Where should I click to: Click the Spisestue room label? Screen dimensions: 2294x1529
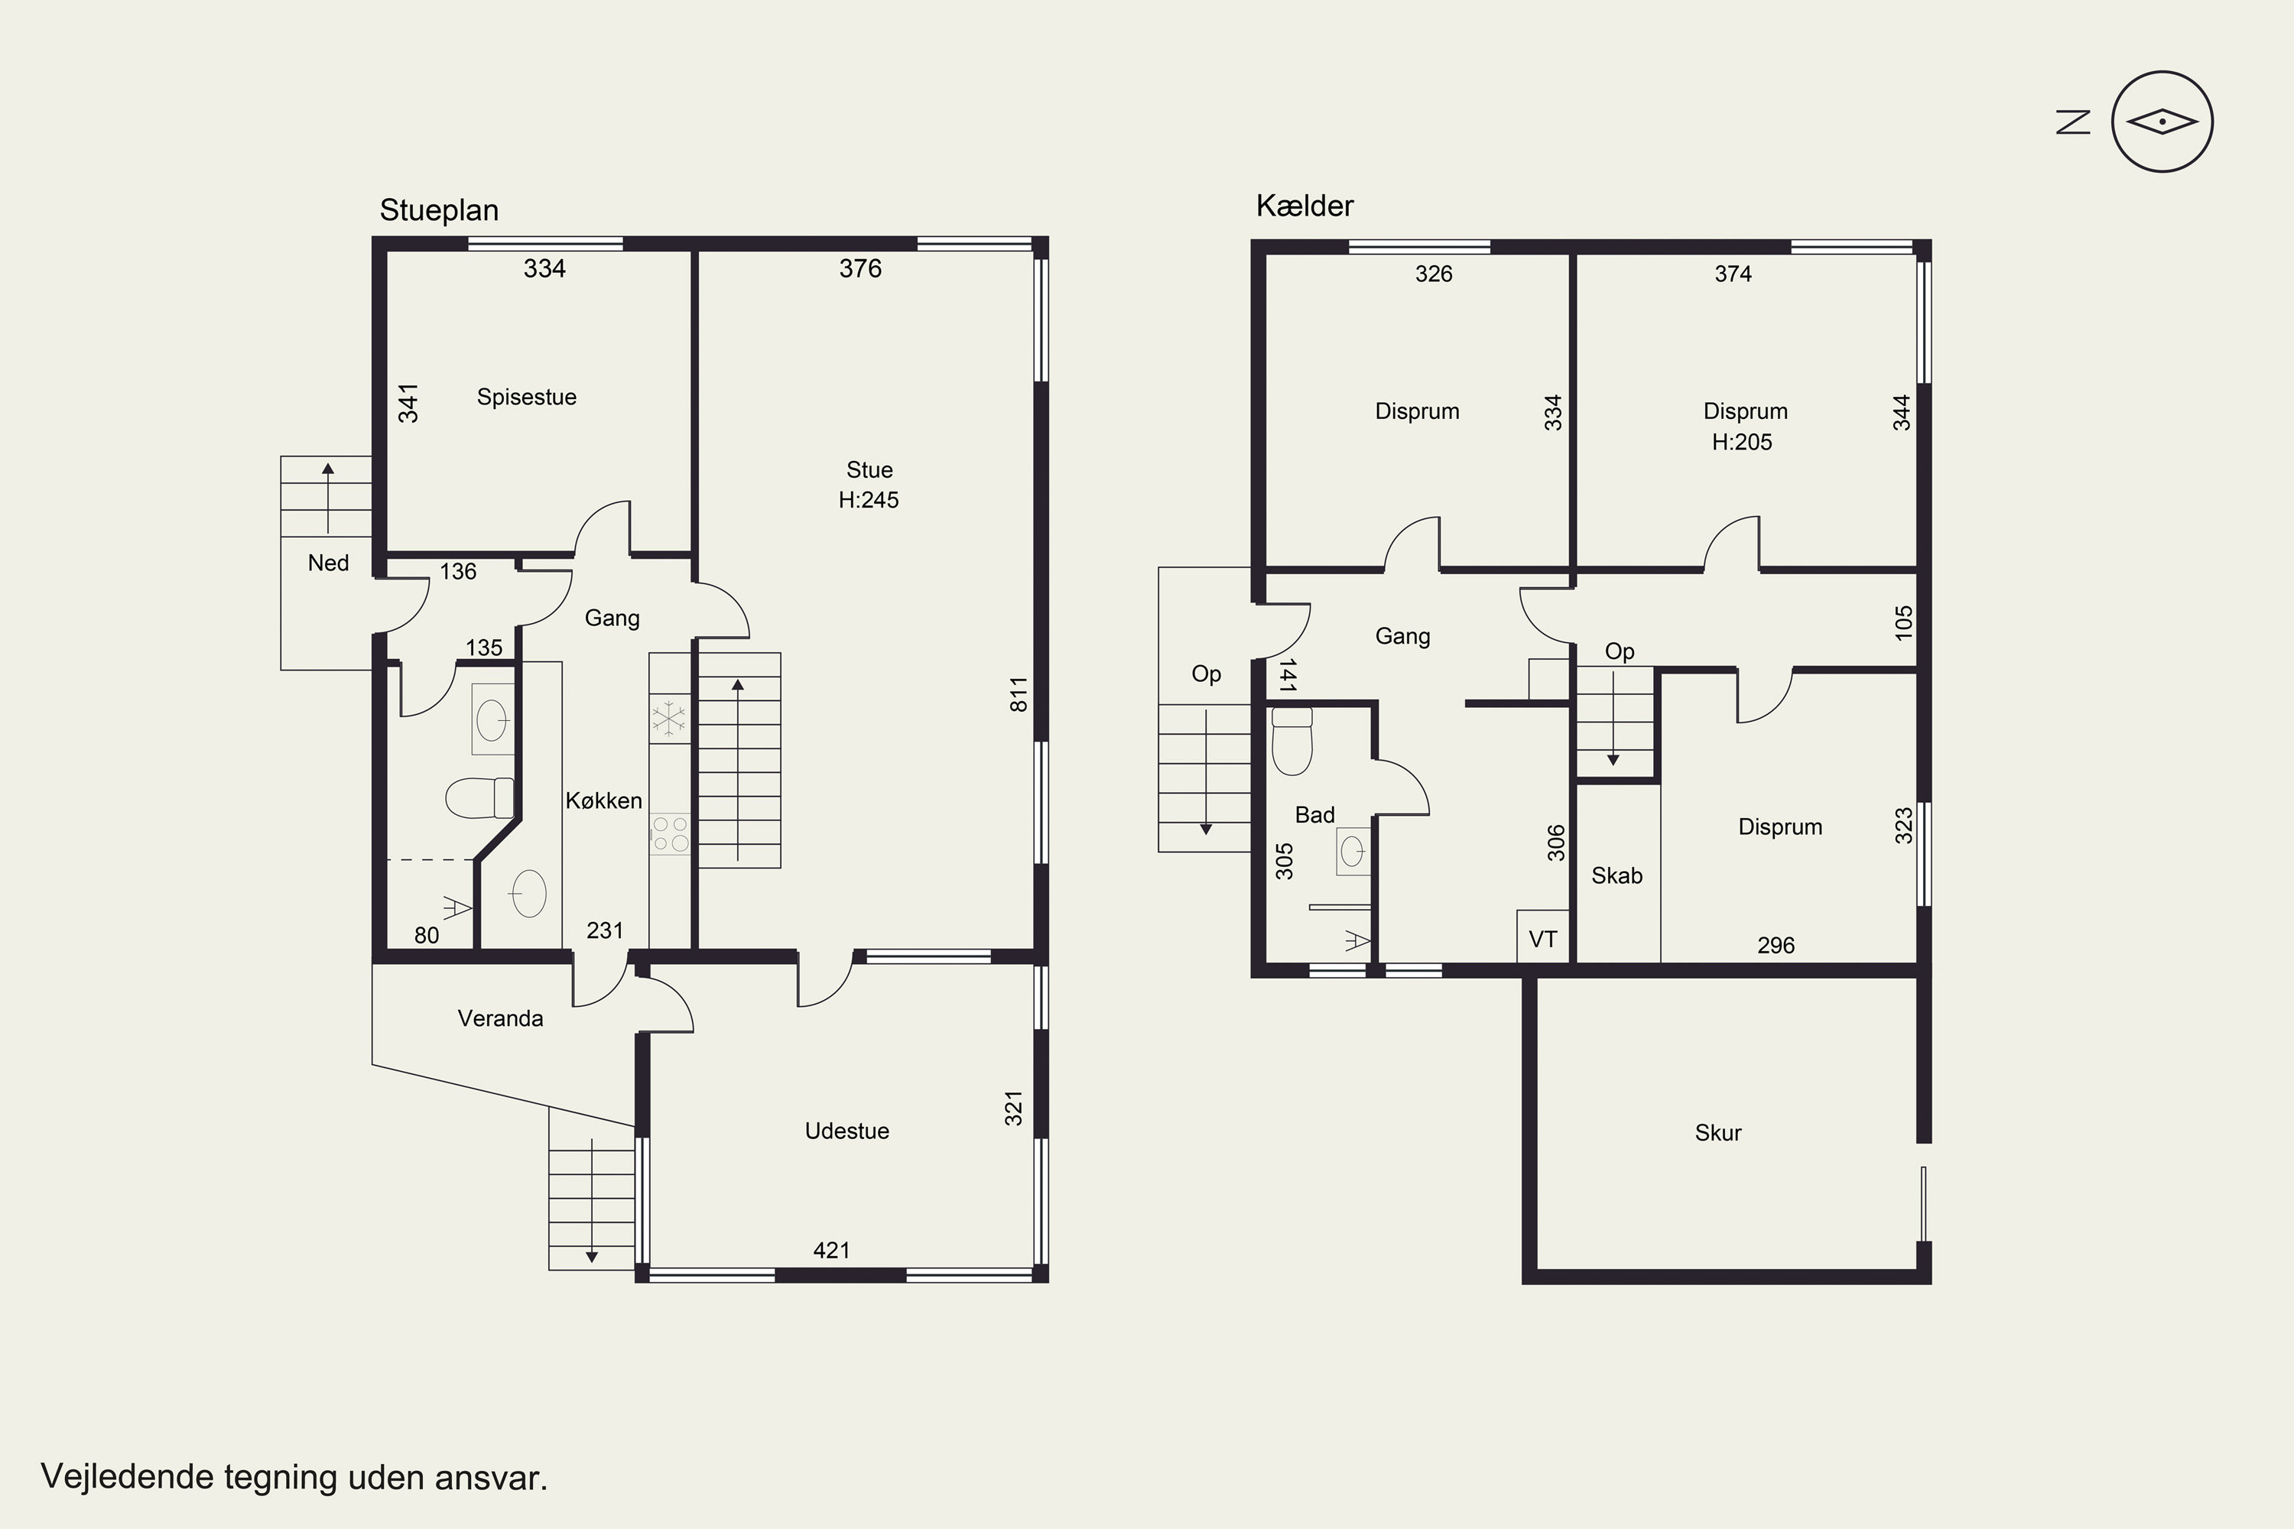pos(527,397)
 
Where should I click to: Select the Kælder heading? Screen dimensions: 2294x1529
pos(1305,206)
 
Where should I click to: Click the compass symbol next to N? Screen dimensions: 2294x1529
pos(2162,122)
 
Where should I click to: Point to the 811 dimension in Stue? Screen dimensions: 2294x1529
pos(1019,694)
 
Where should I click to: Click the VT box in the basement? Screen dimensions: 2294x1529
pos(1543,937)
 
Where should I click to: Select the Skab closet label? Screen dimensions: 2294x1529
pos(1617,875)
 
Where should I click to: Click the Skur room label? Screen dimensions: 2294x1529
pos(1718,1132)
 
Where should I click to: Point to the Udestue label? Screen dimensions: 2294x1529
pos(846,1131)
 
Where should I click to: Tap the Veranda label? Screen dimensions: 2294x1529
pos(500,1018)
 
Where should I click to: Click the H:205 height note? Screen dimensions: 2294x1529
pos(1742,442)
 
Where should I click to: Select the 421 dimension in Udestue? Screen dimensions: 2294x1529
pos(832,1250)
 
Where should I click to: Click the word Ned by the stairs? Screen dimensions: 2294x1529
pos(328,563)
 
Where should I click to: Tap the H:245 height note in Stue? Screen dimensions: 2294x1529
pos(869,499)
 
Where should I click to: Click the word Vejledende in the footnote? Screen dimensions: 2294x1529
pos(127,1477)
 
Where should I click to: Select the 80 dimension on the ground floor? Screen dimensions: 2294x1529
pos(426,935)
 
